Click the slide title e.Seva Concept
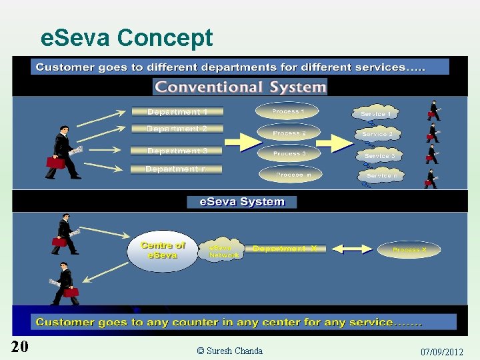tap(127, 37)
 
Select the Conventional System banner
tap(240, 87)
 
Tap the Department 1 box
tap(177, 111)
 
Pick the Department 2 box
tap(177, 129)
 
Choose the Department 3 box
tap(177, 151)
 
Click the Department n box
tap(177, 169)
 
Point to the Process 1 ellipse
tap(288, 111)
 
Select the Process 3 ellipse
tap(289, 154)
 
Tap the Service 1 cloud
tap(375, 114)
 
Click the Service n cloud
tap(381, 175)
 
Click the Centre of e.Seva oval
tap(162, 250)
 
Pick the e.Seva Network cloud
tap(223, 250)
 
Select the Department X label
tap(285, 249)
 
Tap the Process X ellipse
tap(409, 250)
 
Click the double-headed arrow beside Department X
tap(351, 249)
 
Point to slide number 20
tap(19, 346)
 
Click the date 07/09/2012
tap(441, 351)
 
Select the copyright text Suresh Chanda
tap(230, 351)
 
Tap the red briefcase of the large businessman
tap(55, 161)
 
